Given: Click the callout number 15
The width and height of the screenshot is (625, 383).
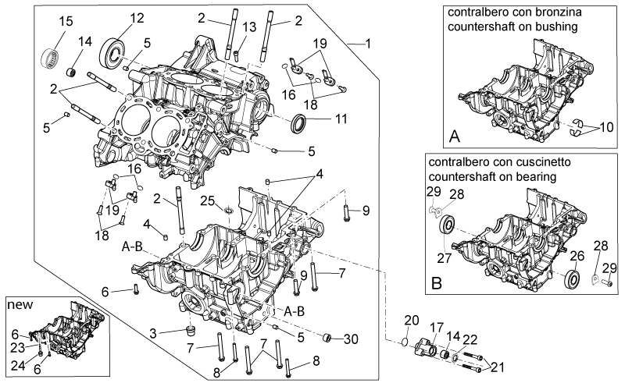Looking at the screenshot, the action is (66, 21).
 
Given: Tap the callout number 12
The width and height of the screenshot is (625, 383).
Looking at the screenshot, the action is (136, 18).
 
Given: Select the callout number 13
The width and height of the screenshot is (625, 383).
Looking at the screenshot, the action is (249, 27).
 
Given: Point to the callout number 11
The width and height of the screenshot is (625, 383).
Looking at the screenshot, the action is (341, 119).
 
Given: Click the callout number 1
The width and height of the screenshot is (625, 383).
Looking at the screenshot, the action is (368, 43).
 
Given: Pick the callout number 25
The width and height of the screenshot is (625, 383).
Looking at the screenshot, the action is (207, 200).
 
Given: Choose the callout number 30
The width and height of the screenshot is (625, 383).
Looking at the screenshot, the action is (351, 339).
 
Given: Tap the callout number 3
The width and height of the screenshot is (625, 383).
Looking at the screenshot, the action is (153, 333).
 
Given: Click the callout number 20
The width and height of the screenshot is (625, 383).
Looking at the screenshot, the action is (412, 320).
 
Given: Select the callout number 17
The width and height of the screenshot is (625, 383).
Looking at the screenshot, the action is (437, 328).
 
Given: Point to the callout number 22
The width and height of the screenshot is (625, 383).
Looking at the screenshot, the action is (470, 339).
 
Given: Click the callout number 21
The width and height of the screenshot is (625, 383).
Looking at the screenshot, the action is (498, 367).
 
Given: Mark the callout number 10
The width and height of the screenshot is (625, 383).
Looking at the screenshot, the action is (606, 127).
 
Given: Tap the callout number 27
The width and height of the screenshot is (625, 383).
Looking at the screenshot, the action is (444, 258).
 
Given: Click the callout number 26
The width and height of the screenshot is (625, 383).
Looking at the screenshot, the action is (577, 256).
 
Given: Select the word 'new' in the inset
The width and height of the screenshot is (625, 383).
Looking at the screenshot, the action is (20, 305).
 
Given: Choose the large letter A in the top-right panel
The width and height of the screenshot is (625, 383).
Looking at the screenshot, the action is (455, 137).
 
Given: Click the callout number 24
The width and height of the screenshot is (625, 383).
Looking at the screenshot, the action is (17, 366).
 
